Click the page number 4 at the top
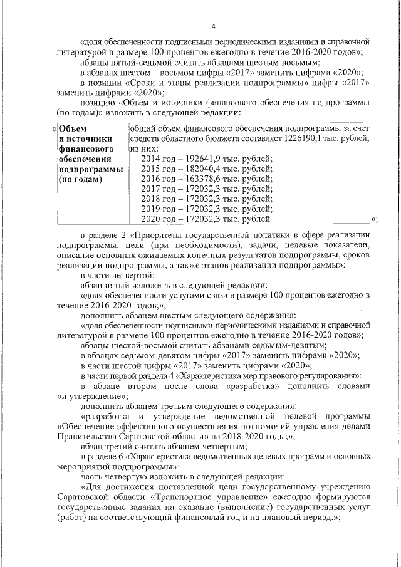pyautogui.click(x=214, y=26)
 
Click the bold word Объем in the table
pyautogui.click(x=71, y=128)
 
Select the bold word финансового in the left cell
pyautogui.click(x=85, y=149)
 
